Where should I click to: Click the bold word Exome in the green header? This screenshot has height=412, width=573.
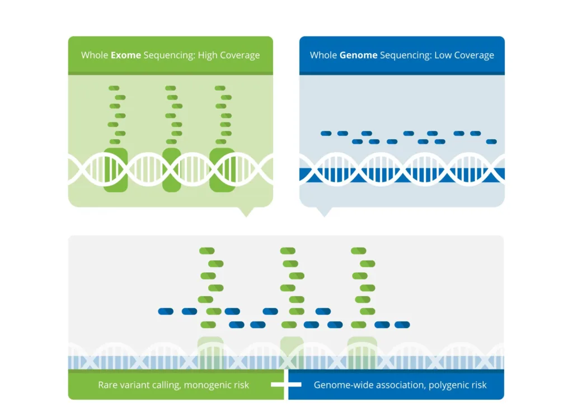point(126,55)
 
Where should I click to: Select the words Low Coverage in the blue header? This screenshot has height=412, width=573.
point(464,55)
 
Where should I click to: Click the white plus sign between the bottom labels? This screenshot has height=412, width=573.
point(286,385)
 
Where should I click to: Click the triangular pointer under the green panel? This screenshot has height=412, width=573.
point(246,211)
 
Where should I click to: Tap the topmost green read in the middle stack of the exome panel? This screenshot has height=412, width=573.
point(170,88)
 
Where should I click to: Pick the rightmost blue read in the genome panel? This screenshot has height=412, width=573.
point(491,141)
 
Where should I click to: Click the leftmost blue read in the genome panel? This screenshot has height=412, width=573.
point(326,133)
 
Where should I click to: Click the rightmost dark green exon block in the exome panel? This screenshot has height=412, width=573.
point(222,170)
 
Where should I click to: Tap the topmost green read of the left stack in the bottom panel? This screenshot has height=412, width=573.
point(206,251)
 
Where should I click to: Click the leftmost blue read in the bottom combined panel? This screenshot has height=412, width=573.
point(166,311)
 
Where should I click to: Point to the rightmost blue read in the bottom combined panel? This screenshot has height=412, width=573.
point(402,324)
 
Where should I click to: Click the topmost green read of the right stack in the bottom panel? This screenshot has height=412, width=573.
point(358,251)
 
